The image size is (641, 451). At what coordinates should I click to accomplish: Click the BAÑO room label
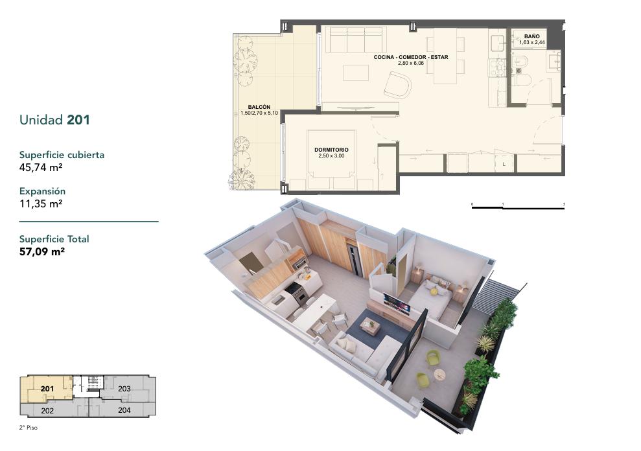point(532,36)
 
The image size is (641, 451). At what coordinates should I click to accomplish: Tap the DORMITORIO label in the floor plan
point(331,150)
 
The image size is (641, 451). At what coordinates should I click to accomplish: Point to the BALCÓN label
point(259,107)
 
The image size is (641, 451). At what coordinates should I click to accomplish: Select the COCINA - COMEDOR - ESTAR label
point(411,57)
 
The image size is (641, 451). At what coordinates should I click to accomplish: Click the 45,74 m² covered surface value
point(41,167)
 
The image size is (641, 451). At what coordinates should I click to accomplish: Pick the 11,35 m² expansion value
point(41,203)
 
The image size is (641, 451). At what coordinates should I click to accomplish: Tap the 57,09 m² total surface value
point(42,251)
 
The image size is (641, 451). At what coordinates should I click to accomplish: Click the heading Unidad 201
point(54,120)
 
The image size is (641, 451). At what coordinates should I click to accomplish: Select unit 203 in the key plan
point(124,388)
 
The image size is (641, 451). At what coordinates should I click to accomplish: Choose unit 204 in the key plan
point(124,410)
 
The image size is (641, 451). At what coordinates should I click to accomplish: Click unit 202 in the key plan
point(47,411)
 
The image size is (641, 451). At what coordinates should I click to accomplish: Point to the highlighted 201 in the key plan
point(47,388)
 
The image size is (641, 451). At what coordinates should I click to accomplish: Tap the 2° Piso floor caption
point(29,428)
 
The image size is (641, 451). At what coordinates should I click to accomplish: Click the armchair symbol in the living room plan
point(397,86)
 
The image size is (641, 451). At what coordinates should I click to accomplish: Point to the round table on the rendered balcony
point(439,374)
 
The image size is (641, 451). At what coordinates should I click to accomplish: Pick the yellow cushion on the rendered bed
point(432,291)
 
